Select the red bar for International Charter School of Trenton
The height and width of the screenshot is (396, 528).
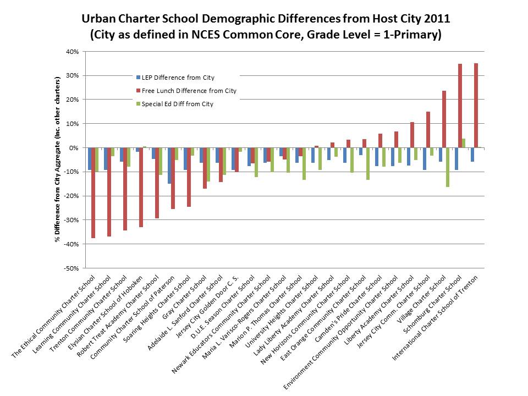476,105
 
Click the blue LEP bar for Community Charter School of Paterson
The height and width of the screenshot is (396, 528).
169,166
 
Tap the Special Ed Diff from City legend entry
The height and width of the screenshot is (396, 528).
177,103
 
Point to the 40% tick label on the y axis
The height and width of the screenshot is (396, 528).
73,52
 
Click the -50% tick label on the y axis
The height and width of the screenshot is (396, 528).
71,268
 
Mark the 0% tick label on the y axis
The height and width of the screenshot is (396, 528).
75,147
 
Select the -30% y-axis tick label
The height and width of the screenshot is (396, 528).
71,219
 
